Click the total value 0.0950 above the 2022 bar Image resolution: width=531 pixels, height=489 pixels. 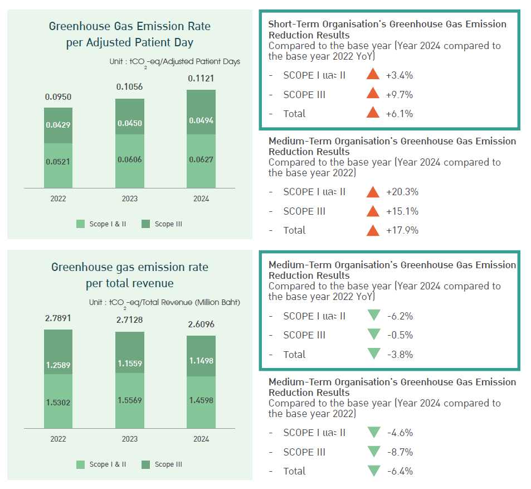[58, 97]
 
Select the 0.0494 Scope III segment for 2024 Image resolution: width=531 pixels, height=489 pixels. [201, 120]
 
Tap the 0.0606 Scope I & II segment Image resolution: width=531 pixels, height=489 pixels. [129, 160]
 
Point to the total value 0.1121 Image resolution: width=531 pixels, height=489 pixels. [201, 79]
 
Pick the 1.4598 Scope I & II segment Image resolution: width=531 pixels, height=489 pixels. [201, 400]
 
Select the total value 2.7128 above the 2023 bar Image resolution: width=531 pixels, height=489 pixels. [129, 321]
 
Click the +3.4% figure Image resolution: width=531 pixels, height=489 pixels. [399, 75]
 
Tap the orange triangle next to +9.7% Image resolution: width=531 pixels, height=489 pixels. [373, 94]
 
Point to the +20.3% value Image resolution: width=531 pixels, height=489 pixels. [401, 192]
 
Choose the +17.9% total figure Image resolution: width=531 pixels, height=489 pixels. [401, 230]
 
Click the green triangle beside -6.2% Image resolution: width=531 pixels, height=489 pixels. [373, 316]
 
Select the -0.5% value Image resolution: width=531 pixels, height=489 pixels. [400, 335]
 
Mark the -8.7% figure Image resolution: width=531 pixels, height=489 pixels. [400, 452]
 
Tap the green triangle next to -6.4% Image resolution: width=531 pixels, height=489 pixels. [373, 471]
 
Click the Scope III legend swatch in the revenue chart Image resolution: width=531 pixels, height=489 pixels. [146, 464]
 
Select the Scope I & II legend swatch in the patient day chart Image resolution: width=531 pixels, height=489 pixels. [81, 224]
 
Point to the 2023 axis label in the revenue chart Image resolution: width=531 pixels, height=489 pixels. [129, 439]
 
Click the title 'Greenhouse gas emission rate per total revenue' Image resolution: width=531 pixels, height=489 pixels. [129, 275]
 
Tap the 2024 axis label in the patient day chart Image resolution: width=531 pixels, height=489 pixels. [201, 198]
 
